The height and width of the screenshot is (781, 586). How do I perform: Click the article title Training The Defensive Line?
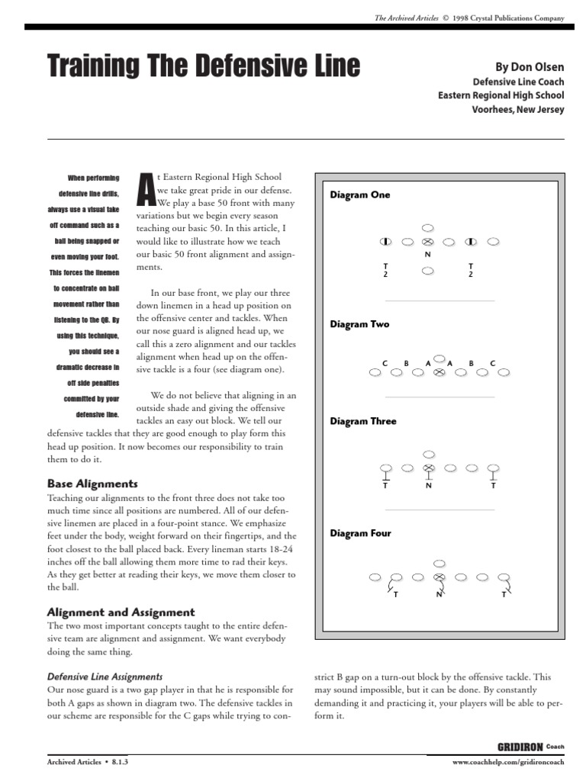[204, 66]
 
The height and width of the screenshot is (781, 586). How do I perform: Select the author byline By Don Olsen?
[530, 67]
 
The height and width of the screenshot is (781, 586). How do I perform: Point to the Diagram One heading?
[359, 195]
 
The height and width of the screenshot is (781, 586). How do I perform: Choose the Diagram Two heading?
[359, 324]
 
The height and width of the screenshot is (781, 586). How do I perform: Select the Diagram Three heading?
[363, 421]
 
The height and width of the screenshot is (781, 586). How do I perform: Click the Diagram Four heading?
[360, 533]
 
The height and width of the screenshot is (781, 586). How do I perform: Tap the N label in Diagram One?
[428, 255]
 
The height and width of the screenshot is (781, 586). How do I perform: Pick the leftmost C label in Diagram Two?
[385, 363]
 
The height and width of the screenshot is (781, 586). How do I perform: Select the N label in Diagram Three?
[428, 485]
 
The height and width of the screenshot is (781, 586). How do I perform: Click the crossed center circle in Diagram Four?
[439, 578]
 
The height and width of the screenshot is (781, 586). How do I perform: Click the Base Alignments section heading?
[92, 484]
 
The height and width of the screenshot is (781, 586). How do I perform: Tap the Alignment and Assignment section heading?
[121, 612]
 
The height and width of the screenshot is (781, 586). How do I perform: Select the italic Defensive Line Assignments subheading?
[105, 677]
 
